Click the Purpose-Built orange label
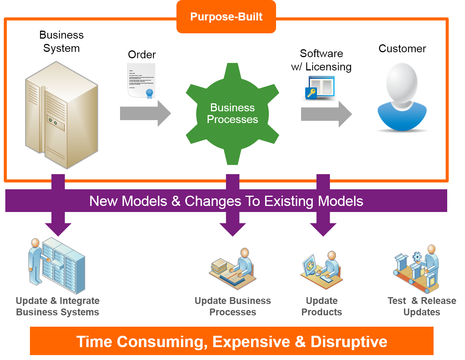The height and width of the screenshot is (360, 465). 226,17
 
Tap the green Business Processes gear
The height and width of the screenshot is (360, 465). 232,114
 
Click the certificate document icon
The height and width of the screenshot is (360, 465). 141,81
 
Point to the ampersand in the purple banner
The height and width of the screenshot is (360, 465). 176,201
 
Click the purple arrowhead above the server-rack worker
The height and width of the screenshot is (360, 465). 58,229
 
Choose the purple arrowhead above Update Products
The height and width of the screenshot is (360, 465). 323,229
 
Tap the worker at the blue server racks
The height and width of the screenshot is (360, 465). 35,261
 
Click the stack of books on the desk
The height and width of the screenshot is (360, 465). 219,265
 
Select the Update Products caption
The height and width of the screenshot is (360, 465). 322,307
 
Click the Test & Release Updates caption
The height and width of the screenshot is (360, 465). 422,307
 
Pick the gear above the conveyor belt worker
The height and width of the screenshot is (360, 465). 417,256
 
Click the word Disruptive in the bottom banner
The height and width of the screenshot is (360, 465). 349,341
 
